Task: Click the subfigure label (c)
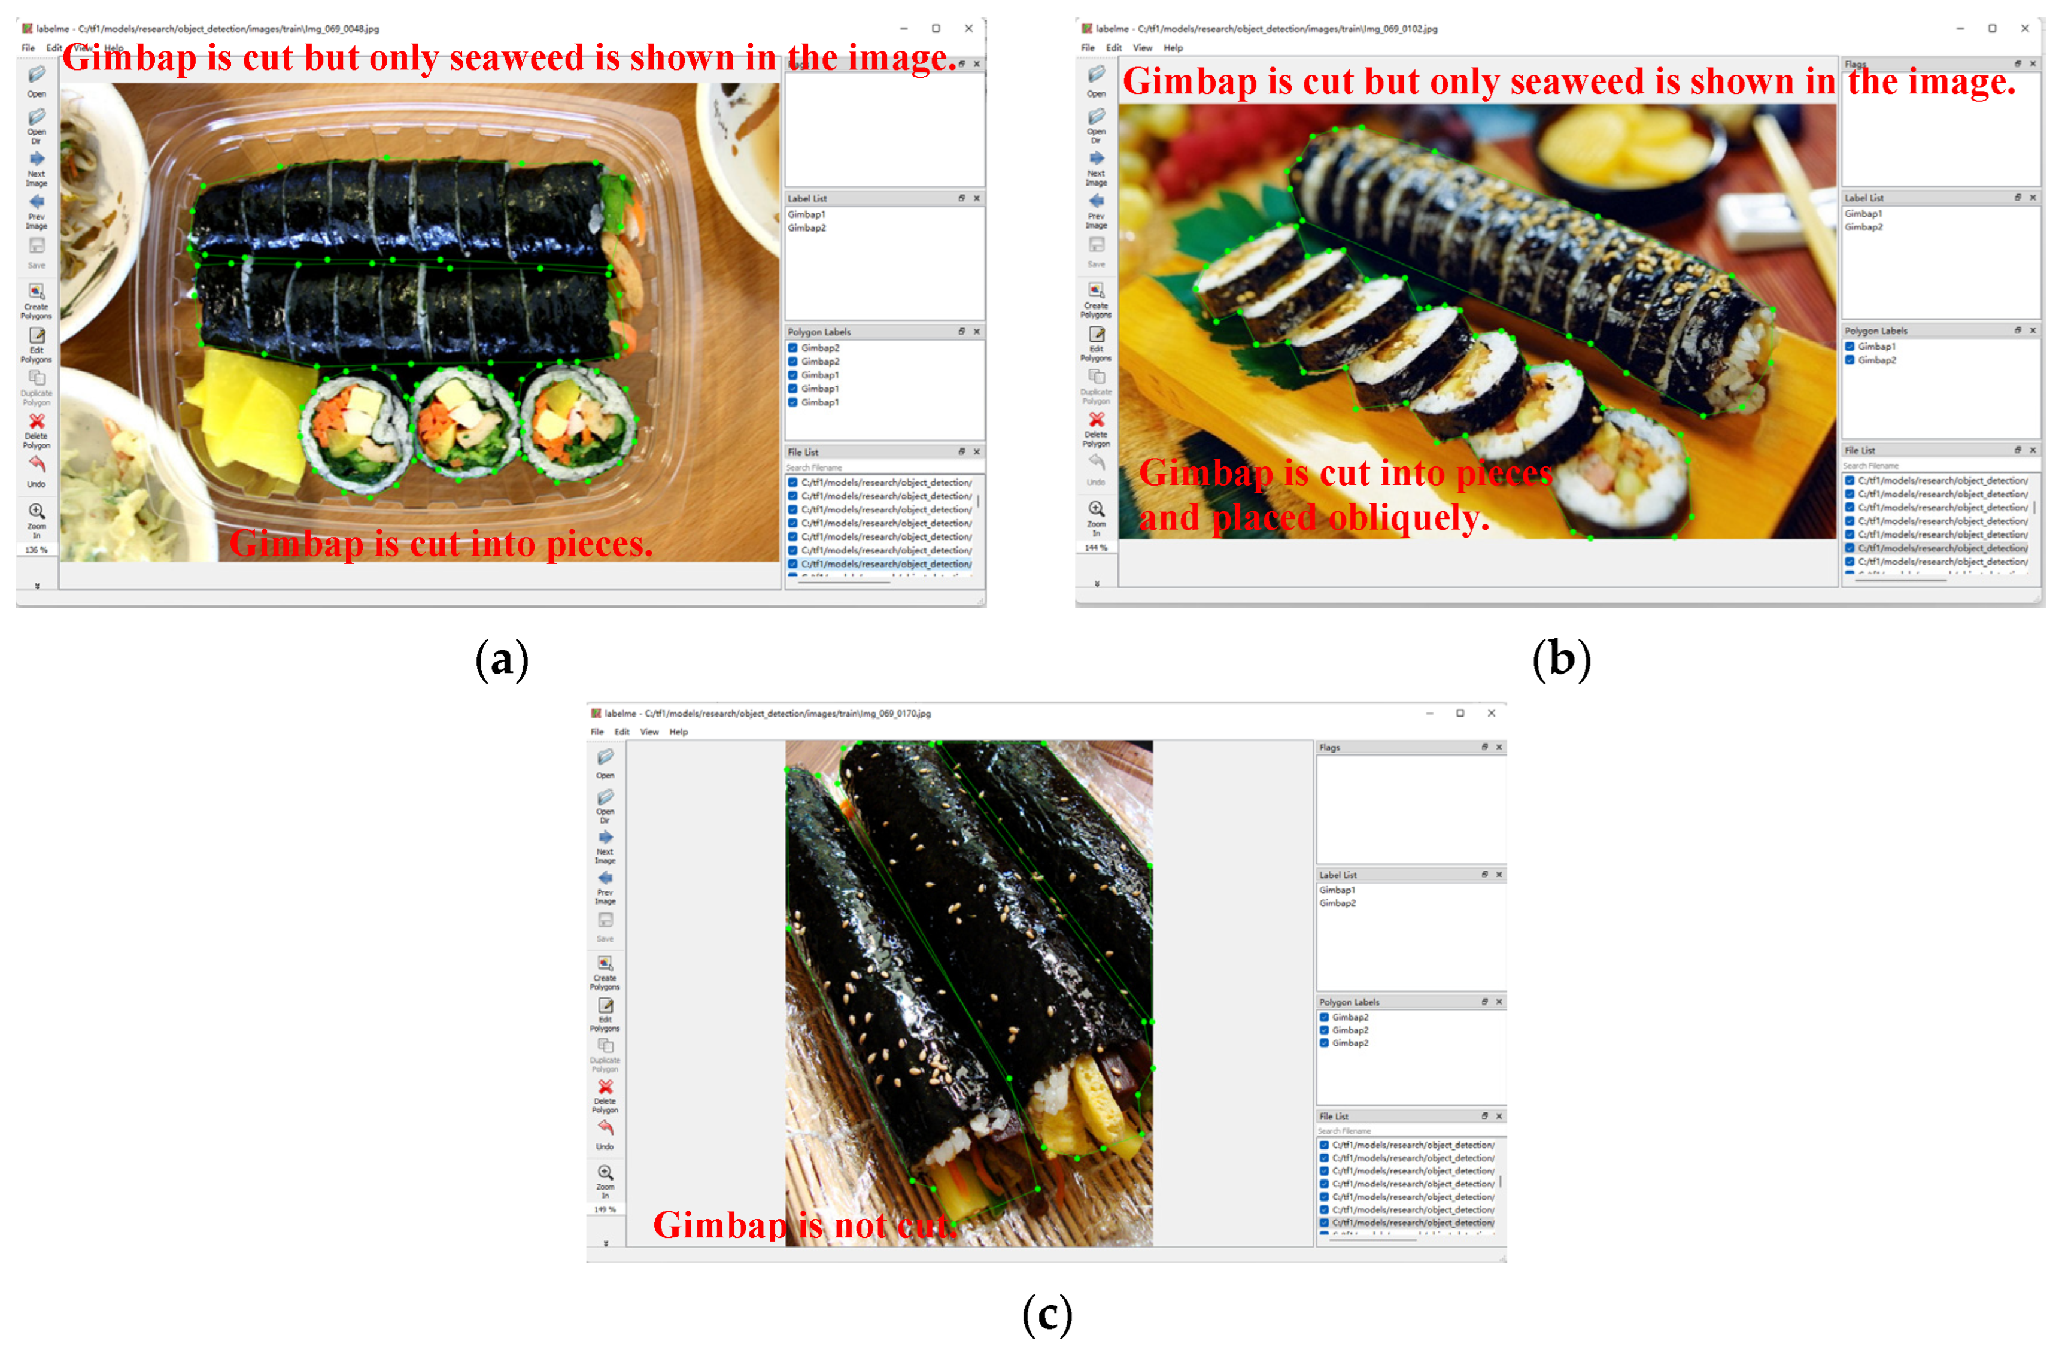pos(1047,1315)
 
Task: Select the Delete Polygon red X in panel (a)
pos(37,423)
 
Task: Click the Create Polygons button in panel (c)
pos(605,964)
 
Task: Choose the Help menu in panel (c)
pos(678,732)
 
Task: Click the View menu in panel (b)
pos(1143,48)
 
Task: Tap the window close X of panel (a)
pos(968,29)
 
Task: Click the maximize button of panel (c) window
pos(1460,713)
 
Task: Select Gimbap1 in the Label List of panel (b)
pos(1863,214)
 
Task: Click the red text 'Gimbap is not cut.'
pos(804,1225)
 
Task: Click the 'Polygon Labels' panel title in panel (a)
pos(819,332)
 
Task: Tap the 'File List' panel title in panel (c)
pos(1334,1116)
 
